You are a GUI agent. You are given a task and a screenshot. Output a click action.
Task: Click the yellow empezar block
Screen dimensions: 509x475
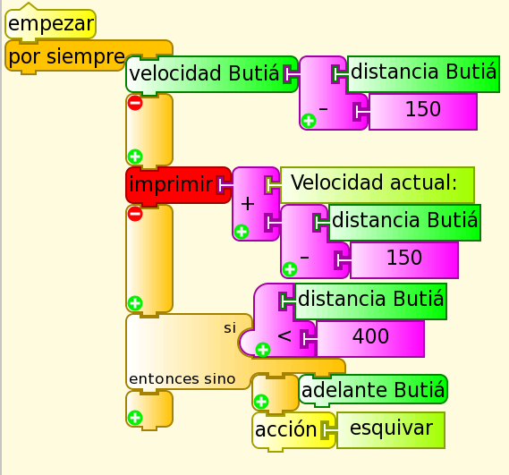click(x=50, y=23)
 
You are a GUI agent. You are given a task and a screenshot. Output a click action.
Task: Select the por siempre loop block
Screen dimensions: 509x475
click(x=66, y=56)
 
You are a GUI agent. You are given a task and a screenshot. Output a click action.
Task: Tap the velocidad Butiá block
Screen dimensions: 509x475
click(x=211, y=73)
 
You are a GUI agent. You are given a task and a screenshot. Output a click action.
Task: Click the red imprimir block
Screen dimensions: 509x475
click(x=178, y=185)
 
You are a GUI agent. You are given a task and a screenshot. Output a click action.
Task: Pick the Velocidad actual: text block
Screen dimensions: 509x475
click(x=378, y=185)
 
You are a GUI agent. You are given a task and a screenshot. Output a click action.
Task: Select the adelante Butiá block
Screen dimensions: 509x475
click(x=373, y=390)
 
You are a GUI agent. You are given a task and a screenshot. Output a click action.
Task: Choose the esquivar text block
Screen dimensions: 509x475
click(x=391, y=430)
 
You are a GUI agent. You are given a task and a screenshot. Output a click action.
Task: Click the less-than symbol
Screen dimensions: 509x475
click(x=284, y=336)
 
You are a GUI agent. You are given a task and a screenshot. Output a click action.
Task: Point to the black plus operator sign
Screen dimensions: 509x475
click(x=248, y=204)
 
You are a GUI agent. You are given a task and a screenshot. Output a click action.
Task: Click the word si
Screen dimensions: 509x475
click(x=230, y=328)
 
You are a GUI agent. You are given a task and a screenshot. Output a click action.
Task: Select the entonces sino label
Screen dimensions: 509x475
click(x=182, y=379)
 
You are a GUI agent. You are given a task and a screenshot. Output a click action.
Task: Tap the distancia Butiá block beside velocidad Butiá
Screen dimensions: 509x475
click(x=423, y=73)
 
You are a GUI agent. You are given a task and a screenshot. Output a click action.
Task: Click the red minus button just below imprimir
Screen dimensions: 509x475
click(x=135, y=214)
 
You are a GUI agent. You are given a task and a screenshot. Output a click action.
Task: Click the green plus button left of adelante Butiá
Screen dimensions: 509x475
click(x=261, y=402)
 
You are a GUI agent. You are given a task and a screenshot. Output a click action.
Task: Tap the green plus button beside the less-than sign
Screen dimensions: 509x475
click(x=263, y=350)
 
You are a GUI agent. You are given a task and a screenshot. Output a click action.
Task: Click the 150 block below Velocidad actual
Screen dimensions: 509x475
click(x=404, y=259)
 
